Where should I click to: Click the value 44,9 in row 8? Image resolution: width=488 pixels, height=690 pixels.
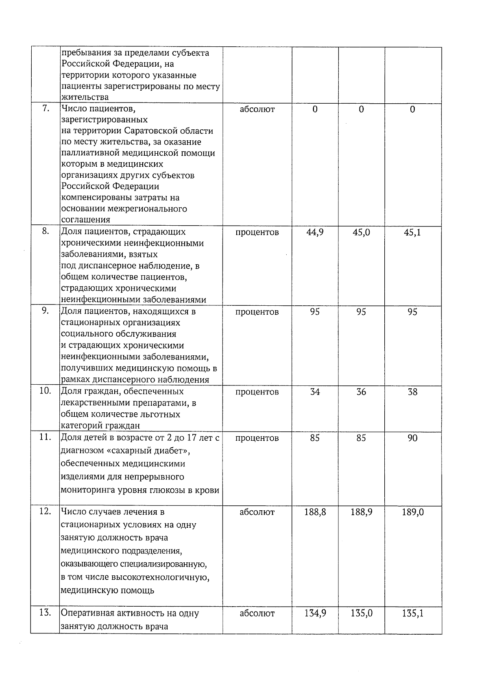click(x=315, y=233)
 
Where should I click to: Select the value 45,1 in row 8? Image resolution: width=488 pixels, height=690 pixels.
click(x=412, y=233)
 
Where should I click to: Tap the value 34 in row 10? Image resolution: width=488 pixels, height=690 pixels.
click(x=315, y=392)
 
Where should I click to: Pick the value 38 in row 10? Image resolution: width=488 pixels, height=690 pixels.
click(x=412, y=392)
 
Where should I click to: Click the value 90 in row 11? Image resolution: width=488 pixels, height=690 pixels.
click(x=412, y=438)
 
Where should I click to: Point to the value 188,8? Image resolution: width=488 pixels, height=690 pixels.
click(x=315, y=512)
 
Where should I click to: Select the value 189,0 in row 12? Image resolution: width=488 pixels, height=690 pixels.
click(x=412, y=512)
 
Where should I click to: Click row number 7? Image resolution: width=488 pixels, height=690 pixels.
click(x=46, y=109)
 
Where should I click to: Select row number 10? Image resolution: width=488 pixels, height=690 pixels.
click(x=45, y=391)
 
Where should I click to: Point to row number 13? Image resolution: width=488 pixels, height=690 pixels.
click(x=45, y=613)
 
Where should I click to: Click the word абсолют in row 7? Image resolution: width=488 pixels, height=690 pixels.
click(x=257, y=109)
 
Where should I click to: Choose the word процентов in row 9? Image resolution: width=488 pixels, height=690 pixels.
click(x=257, y=312)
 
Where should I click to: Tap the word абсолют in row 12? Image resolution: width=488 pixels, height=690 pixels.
click(x=257, y=512)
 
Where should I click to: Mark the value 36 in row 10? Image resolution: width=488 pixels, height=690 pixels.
click(x=361, y=392)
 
